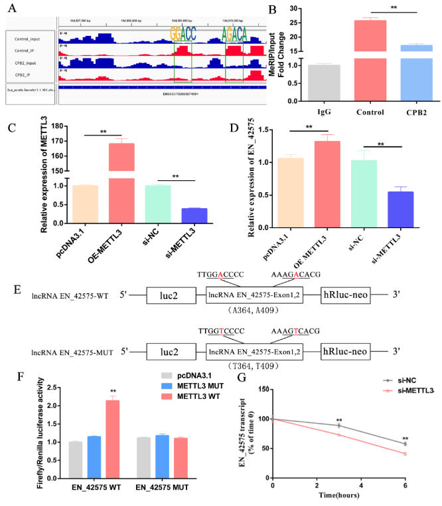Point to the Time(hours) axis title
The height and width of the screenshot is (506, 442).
[342, 495]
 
